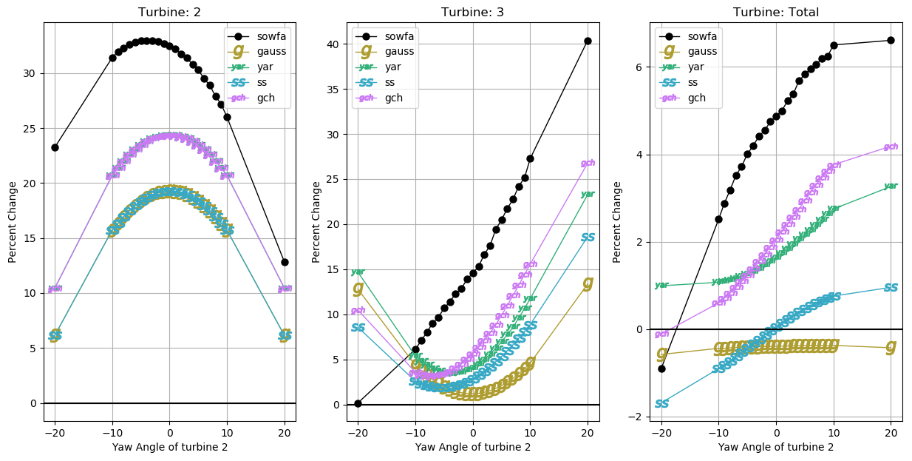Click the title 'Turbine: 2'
169,12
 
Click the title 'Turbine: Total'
775,12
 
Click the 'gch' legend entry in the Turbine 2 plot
266,98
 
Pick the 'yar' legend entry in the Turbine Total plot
696,67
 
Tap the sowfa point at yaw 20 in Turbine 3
588,41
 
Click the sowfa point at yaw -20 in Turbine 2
55,147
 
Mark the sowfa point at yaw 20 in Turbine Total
891,40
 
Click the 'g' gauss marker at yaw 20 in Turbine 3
588,283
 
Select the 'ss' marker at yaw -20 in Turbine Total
661,403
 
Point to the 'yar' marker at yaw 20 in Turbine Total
891,186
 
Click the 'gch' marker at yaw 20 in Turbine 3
588,163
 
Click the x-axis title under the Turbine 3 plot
472,447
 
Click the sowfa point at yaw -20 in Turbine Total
661,369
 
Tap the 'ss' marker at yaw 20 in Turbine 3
588,238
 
